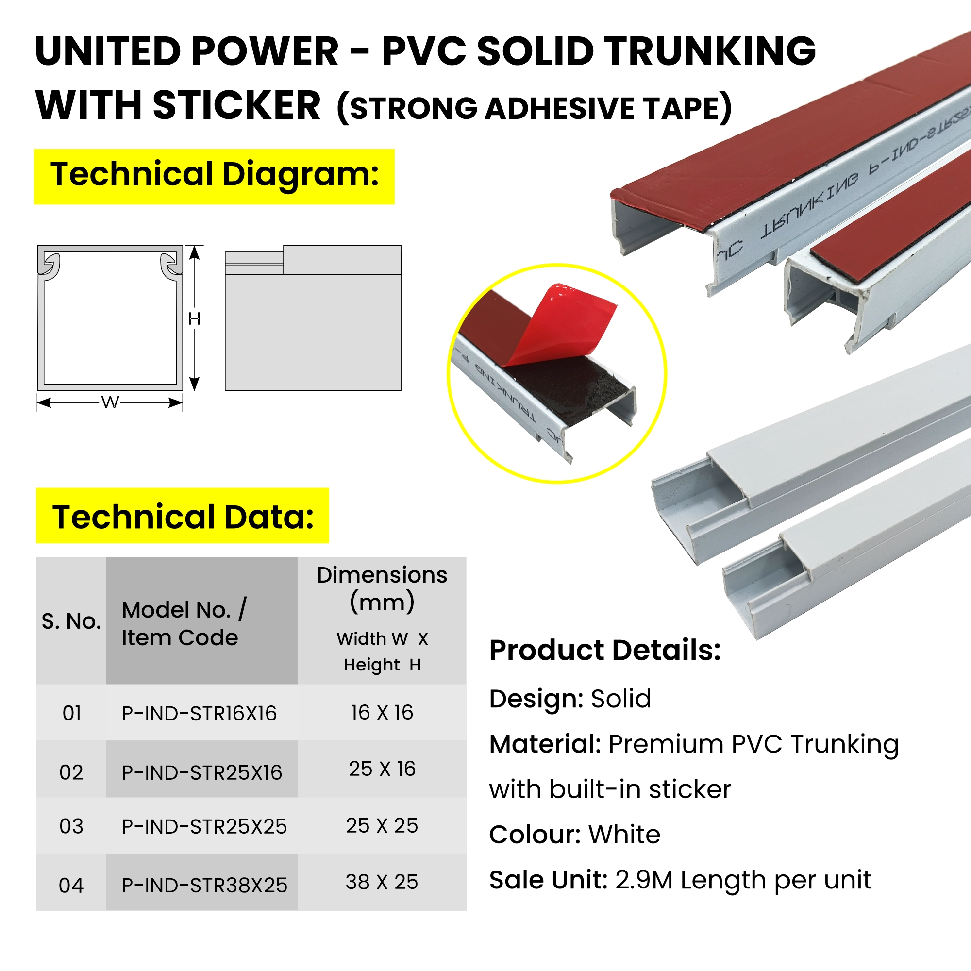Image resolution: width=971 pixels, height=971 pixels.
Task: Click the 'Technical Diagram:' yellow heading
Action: click(215, 176)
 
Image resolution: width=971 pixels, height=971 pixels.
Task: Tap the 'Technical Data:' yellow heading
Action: click(183, 516)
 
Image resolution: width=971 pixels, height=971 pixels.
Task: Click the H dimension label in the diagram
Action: click(195, 318)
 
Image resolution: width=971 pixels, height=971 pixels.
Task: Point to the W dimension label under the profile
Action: click(110, 402)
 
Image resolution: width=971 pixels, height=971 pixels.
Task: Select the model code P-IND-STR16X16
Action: click(199, 714)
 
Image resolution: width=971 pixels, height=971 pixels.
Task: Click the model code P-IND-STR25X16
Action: click(202, 773)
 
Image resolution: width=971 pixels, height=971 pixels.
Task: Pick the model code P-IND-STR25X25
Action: click(204, 827)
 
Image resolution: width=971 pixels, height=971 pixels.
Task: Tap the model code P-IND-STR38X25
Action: click(204, 886)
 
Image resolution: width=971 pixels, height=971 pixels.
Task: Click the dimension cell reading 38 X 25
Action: click(382, 882)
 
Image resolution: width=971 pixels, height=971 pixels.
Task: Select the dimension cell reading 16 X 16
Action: click(382, 713)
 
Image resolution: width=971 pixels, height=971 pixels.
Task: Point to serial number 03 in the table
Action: click(71, 827)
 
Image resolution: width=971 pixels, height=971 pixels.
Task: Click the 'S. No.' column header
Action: click(71, 622)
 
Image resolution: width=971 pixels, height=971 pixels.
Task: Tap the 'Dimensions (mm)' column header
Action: click(382, 588)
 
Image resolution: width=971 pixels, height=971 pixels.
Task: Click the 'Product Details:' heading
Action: click(605, 650)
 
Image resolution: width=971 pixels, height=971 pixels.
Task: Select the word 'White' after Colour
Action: click(624, 835)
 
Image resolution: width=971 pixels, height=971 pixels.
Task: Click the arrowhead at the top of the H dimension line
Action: click(195, 252)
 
